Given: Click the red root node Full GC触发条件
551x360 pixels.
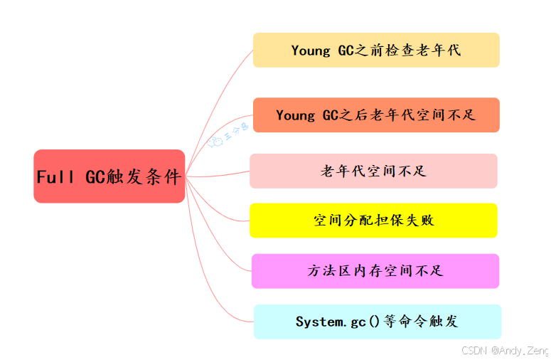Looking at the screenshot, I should click(x=109, y=176).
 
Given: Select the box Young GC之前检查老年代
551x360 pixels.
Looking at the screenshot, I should click(x=376, y=50).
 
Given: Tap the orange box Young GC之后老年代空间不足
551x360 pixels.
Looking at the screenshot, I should click(x=376, y=115).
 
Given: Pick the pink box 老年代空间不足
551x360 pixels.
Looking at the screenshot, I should click(x=373, y=171).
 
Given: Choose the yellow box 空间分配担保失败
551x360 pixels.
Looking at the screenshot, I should click(x=373, y=221).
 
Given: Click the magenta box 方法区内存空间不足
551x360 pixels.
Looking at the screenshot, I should click(x=375, y=271).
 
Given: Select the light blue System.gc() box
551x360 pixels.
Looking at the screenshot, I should click(x=377, y=322).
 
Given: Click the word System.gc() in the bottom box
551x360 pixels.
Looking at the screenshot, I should click(x=331, y=322).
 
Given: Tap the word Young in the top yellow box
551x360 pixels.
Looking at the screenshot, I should click(x=311, y=51).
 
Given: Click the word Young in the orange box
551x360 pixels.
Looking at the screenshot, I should click(x=296, y=115).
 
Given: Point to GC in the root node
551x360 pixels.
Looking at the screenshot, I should click(x=95, y=177).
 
